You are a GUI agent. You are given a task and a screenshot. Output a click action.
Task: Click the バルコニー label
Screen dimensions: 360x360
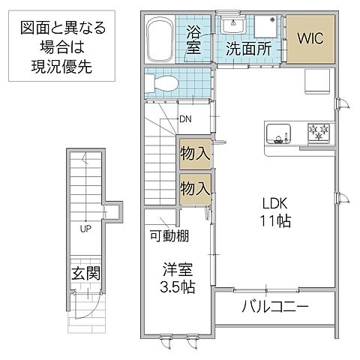tap(275, 307)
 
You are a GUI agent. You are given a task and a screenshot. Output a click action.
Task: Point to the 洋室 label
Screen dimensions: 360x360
tap(177, 269)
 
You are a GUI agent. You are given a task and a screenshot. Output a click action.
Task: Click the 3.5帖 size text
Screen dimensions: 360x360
tap(177, 287)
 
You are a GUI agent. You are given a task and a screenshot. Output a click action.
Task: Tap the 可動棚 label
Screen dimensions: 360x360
tap(168, 236)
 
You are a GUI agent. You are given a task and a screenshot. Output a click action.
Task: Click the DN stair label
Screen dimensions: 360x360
tap(185, 118)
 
